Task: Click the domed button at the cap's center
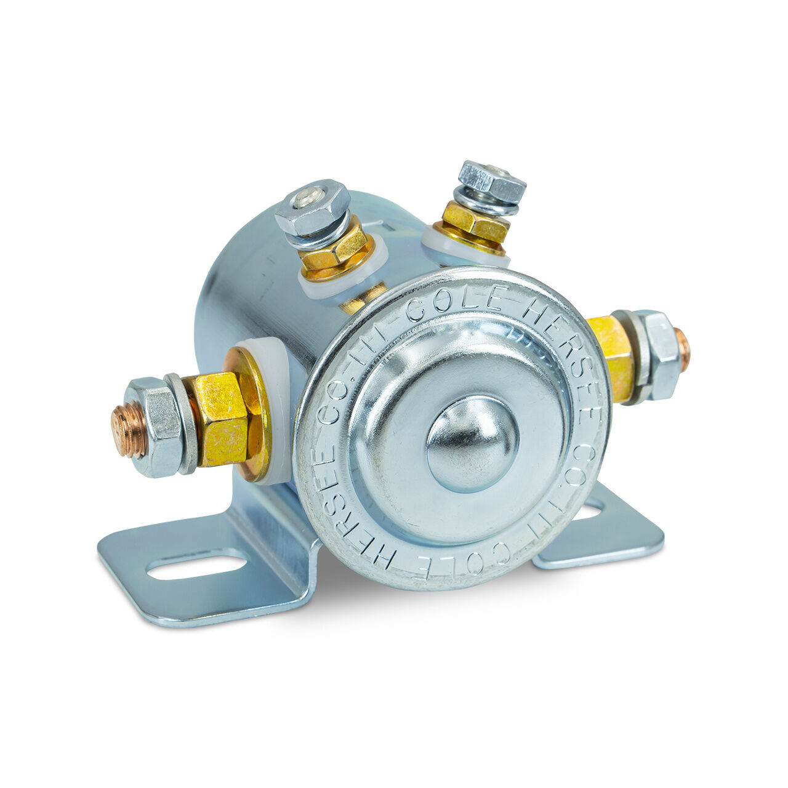point(472,444)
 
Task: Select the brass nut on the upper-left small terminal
point(336,249)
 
